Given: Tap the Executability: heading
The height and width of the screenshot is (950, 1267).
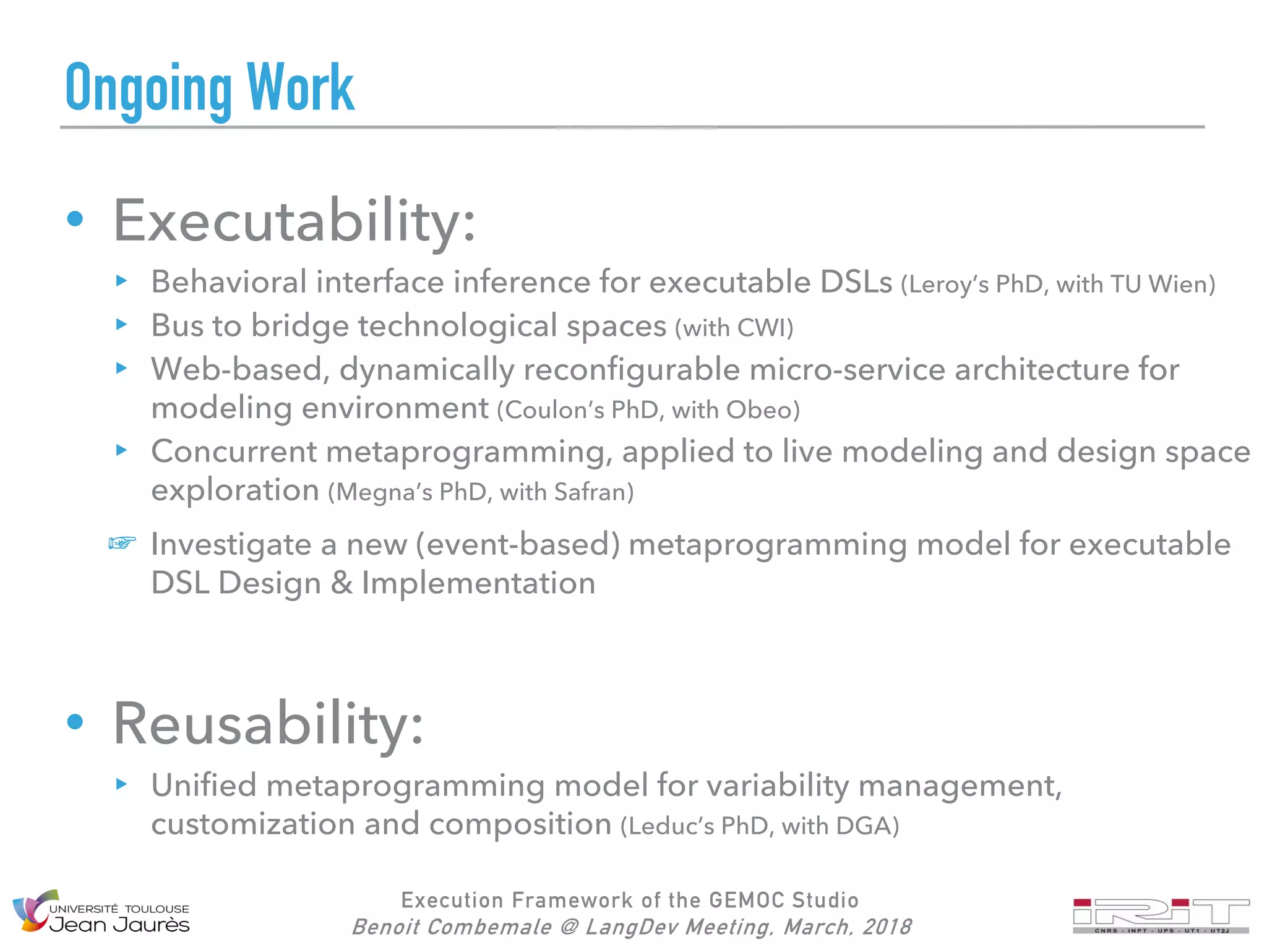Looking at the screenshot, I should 294,221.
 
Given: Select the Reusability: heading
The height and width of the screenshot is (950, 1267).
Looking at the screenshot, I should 268,724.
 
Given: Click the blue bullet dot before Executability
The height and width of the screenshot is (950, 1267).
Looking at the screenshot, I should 75,218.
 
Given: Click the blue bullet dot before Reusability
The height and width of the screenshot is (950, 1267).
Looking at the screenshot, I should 75,721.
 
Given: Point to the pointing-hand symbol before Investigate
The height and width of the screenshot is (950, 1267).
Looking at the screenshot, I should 122,543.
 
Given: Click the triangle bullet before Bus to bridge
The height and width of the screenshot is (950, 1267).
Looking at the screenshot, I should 121,324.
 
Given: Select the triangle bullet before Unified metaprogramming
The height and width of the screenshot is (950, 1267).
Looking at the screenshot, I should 121,784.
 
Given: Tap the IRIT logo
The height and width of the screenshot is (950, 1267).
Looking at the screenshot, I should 1161,915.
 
